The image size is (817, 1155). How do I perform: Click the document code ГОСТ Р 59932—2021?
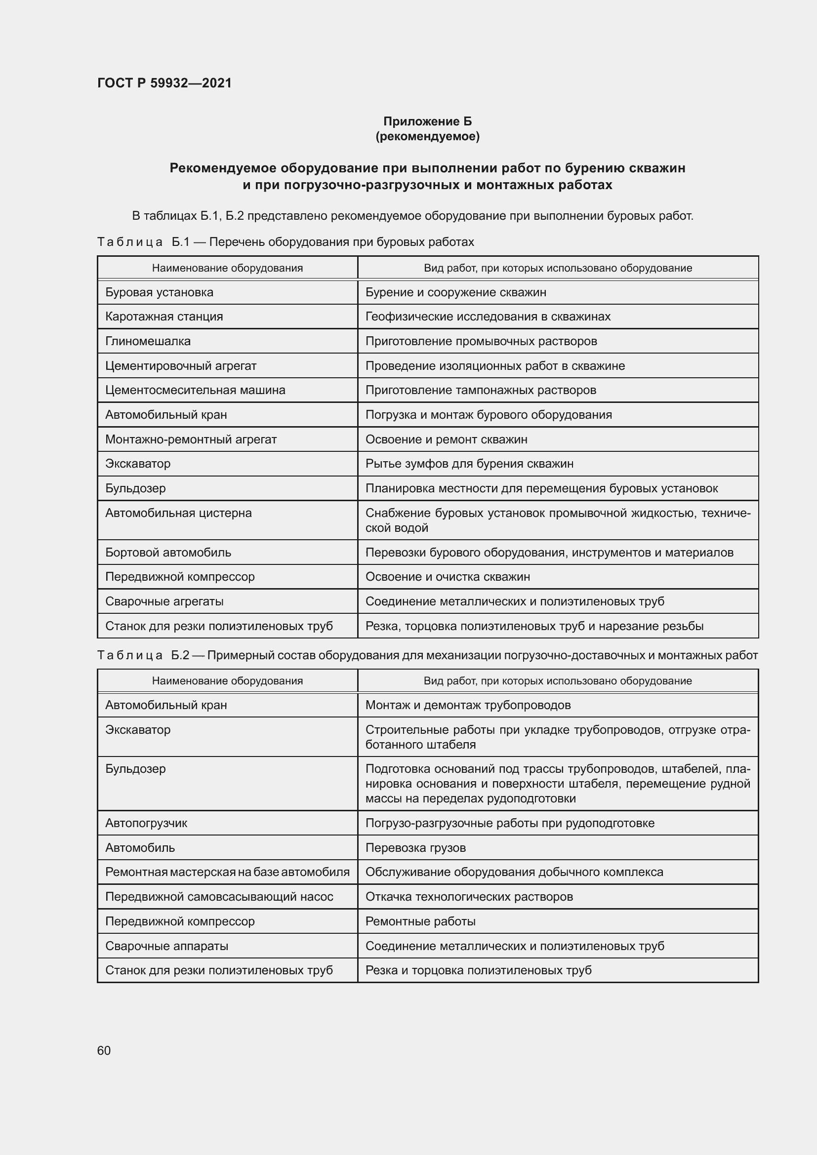pyautogui.click(x=164, y=83)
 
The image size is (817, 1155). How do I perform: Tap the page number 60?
pyautogui.click(x=104, y=1050)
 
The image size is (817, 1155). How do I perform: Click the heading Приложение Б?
pyautogui.click(x=427, y=121)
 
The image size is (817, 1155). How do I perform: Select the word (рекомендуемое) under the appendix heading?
pyautogui.click(x=427, y=136)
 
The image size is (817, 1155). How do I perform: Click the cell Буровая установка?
pyautogui.click(x=159, y=292)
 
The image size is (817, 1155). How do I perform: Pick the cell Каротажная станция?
pyautogui.click(x=164, y=317)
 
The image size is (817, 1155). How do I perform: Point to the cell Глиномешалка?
pyautogui.click(x=148, y=341)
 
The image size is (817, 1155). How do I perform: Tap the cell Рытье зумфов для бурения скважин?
pyautogui.click(x=469, y=463)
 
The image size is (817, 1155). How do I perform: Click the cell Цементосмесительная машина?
pyautogui.click(x=195, y=390)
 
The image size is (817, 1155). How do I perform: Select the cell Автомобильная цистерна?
pyautogui.click(x=178, y=513)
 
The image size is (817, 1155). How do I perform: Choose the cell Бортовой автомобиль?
pyautogui.click(x=168, y=553)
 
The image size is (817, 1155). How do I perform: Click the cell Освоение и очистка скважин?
pyautogui.click(x=447, y=576)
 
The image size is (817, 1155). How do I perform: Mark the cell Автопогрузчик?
pyautogui.click(x=146, y=823)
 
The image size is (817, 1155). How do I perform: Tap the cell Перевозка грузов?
pyautogui.click(x=415, y=848)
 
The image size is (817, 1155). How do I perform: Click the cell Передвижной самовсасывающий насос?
pyautogui.click(x=219, y=896)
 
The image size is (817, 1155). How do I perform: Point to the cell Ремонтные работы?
pyautogui.click(x=420, y=921)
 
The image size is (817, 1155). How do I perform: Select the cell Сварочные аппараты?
pyautogui.click(x=166, y=946)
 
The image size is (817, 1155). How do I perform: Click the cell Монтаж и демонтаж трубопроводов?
pyautogui.click(x=468, y=705)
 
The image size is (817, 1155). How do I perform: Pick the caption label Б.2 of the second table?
pyautogui.click(x=180, y=655)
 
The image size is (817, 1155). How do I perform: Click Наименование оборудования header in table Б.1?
pyautogui.click(x=227, y=268)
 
